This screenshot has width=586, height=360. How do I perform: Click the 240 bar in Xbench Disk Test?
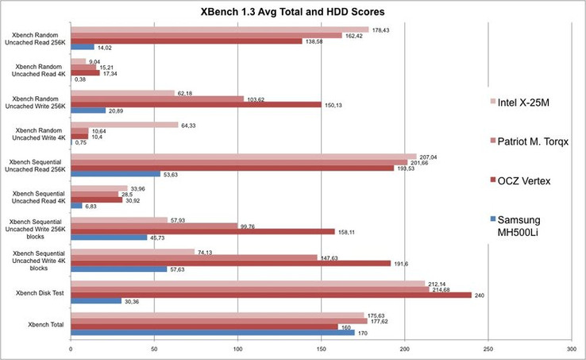pos(271,295)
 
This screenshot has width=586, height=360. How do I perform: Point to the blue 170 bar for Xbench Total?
pos(213,333)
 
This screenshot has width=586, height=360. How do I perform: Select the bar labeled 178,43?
pos(220,29)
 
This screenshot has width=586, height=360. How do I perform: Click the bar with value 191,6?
pos(230,263)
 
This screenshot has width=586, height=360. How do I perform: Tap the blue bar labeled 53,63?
pos(115,174)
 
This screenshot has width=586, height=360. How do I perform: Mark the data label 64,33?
pos(188,125)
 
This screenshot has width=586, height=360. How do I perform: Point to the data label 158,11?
pos(348,232)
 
